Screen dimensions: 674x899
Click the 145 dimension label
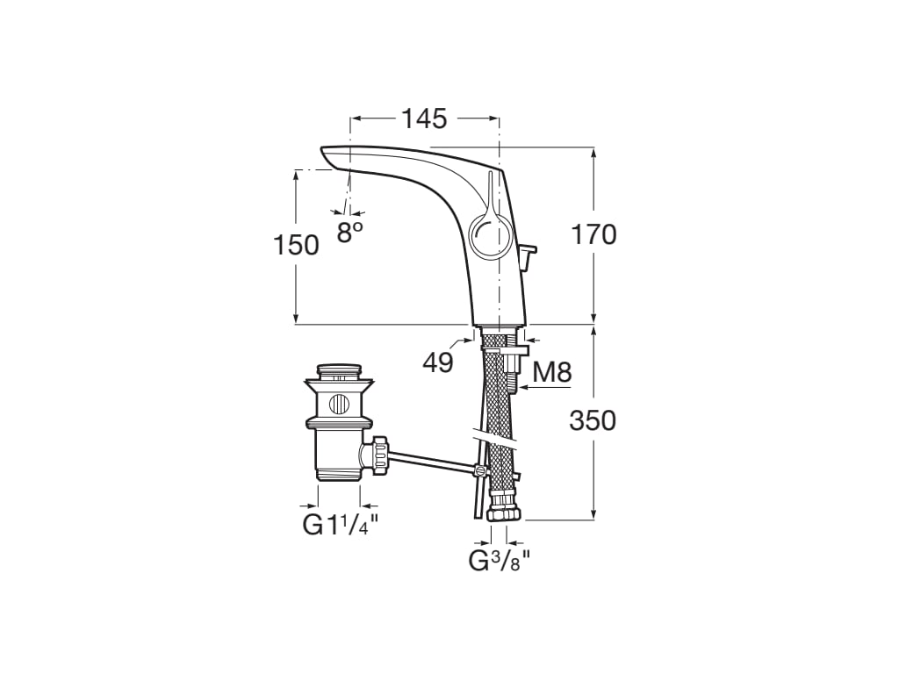click(424, 118)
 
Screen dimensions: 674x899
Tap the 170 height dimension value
click(594, 235)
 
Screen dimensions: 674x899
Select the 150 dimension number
click(296, 246)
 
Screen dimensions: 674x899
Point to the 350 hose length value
click(593, 421)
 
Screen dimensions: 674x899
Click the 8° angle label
click(349, 232)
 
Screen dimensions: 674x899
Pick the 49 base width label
click(436, 362)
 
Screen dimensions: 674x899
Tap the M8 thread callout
click(552, 373)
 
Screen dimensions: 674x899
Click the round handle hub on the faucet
click(486, 235)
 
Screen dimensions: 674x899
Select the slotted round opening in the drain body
click(338, 405)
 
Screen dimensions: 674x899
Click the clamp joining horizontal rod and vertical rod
click(479, 470)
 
